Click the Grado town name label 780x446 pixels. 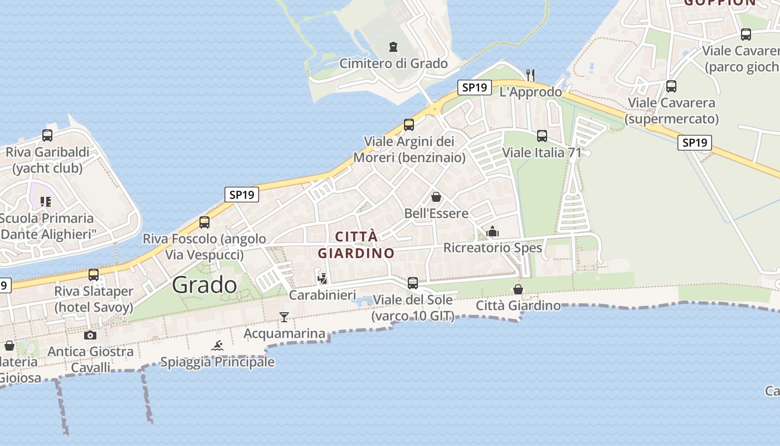click(204, 285)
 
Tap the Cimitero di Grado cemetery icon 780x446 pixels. click(393, 46)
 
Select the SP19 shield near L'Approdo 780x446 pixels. click(475, 87)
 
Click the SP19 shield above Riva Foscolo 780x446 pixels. click(242, 195)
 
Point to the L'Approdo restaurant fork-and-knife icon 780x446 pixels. click(530, 74)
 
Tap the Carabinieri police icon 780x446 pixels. click(322, 278)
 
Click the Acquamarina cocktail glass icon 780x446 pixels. click(284, 317)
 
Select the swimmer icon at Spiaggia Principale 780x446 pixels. click(217, 346)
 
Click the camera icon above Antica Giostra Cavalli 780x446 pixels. click(90, 335)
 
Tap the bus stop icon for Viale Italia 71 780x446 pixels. click(542, 135)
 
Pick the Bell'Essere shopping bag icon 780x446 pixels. click(436, 197)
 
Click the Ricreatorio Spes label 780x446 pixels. click(493, 247)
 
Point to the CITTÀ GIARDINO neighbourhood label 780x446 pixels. click(356, 245)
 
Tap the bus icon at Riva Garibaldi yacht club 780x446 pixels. click(47, 135)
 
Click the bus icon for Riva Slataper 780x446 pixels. click(94, 274)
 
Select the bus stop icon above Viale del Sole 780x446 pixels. click(412, 283)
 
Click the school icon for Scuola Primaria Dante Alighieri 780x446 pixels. click(46, 201)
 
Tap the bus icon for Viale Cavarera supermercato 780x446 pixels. click(671, 86)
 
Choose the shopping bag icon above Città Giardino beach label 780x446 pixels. click(518, 289)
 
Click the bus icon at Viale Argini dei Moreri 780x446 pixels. click(409, 124)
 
